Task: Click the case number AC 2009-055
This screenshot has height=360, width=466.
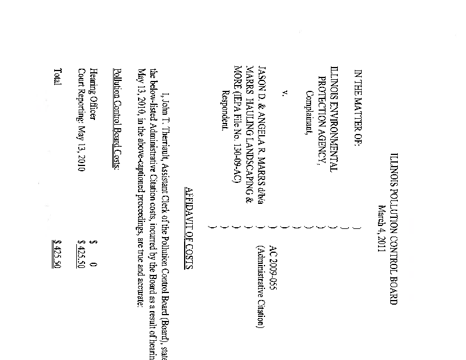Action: [274, 269]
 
